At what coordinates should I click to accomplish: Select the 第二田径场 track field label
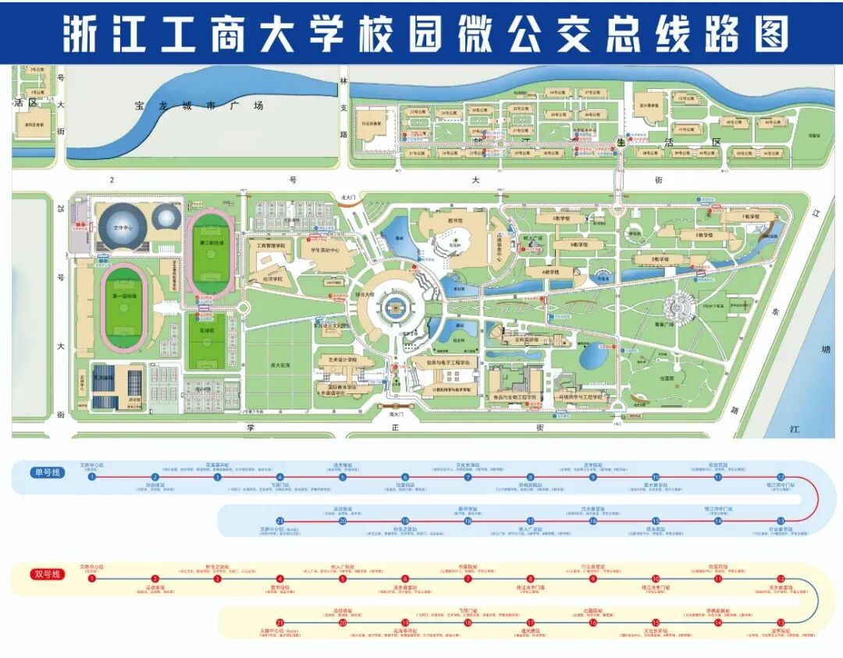tap(211, 243)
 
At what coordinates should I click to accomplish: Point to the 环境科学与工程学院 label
tap(582, 397)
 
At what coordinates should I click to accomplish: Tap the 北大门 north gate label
tap(348, 199)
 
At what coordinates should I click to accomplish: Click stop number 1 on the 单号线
tap(92, 477)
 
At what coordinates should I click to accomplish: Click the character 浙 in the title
tap(84, 34)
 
